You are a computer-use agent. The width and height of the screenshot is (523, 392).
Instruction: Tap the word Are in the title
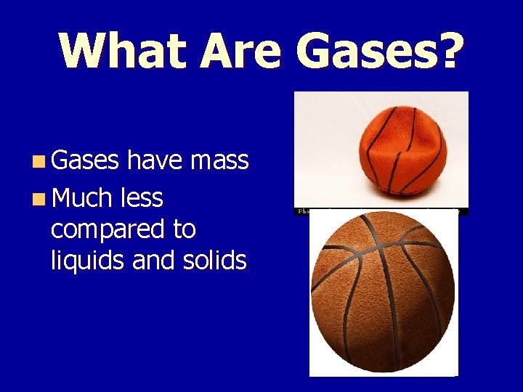[240, 51]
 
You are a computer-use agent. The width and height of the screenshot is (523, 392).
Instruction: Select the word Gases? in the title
[378, 51]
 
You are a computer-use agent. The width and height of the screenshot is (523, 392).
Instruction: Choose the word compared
[106, 229]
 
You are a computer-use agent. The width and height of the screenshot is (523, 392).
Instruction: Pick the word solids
[217, 260]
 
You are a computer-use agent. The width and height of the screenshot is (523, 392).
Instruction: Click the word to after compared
[185, 229]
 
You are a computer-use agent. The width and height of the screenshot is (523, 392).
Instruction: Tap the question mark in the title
[448, 51]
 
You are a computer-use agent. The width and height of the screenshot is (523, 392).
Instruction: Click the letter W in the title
[84, 51]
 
